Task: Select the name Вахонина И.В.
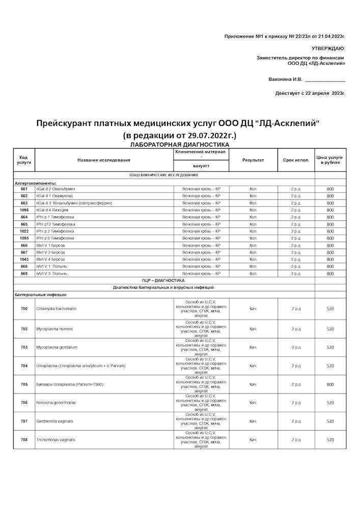285,79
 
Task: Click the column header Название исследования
104,160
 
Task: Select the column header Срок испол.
296,160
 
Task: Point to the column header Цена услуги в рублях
330,160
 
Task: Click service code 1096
24,210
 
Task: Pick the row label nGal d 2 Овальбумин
56,189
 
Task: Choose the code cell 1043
24,260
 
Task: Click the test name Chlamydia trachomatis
57,309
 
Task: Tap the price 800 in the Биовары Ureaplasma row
330,384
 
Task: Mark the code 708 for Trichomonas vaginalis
24,440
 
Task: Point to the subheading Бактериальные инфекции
40,295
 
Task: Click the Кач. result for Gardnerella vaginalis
253,421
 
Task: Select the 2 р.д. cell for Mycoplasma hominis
296,329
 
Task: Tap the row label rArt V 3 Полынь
51,274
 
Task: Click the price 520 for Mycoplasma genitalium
330,348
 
